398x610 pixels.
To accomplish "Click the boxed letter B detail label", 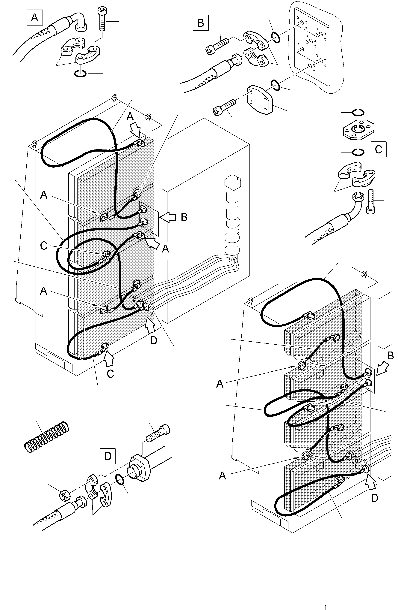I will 201,23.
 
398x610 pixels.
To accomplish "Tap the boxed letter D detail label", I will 108,456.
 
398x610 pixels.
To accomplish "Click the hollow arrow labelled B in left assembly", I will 168,217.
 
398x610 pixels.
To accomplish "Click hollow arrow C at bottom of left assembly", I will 108,359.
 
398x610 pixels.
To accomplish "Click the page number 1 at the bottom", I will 326,606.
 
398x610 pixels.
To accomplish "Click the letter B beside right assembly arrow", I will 390,356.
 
